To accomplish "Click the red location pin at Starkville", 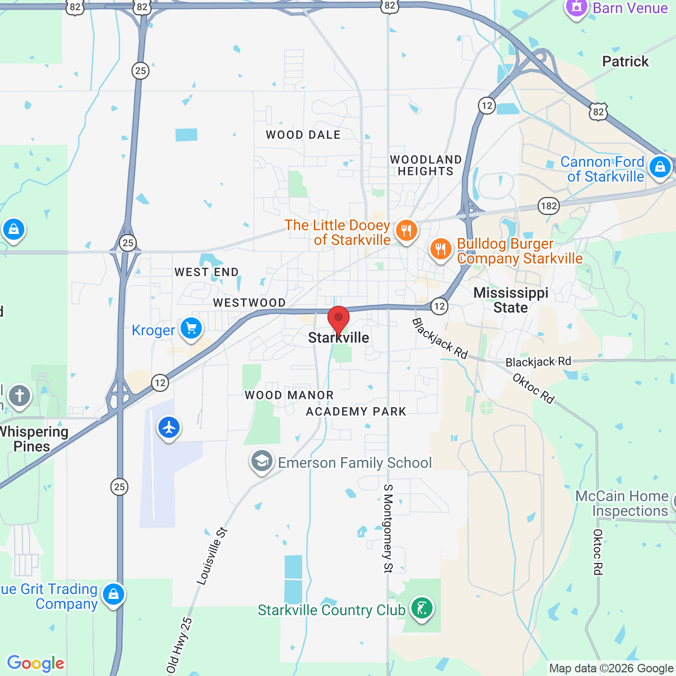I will pos(339,319).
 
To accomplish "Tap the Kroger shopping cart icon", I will pos(191,328).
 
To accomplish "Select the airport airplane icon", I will pos(169,427).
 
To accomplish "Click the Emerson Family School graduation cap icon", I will pos(261,461).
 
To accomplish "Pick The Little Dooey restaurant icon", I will pos(406,231).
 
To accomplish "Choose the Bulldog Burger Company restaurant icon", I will pos(440,249).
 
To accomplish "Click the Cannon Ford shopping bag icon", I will pos(660,167).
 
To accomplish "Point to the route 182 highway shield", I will pos(549,206).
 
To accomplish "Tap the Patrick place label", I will pos(625,61).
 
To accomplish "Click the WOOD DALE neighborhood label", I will pos(303,135).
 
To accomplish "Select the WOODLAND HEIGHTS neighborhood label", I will pos(426,165).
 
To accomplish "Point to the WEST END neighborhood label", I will pos(206,272).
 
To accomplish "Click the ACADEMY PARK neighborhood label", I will pos(356,411).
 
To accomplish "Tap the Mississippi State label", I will pos(511,300).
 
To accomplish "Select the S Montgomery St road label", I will pos(388,528).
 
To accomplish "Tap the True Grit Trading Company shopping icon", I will pos(114,594).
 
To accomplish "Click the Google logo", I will pos(36,663).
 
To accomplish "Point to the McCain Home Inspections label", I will pos(622,503).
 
